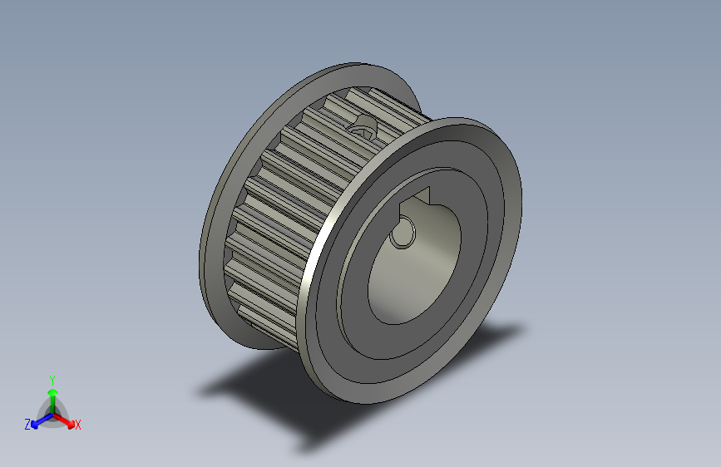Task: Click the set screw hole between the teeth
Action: (363, 126)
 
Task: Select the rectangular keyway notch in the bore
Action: (416, 200)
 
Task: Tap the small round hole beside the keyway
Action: (402, 235)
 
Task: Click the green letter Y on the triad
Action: (52, 378)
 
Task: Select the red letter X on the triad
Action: (77, 425)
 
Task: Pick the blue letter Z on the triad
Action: (27, 425)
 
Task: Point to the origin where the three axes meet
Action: (52, 413)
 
